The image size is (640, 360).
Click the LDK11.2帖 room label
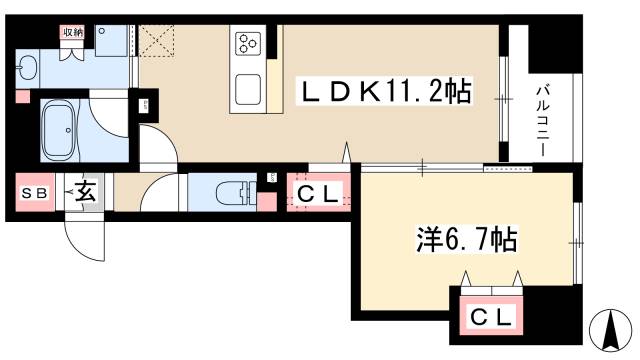(388, 93)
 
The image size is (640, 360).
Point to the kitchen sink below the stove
(247, 89)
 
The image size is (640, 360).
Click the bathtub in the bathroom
(68, 128)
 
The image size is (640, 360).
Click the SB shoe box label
(34, 193)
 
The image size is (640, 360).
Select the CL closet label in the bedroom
(489, 317)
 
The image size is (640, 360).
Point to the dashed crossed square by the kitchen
(157, 41)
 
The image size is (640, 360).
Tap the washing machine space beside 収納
(111, 42)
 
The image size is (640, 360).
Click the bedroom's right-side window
(578, 240)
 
